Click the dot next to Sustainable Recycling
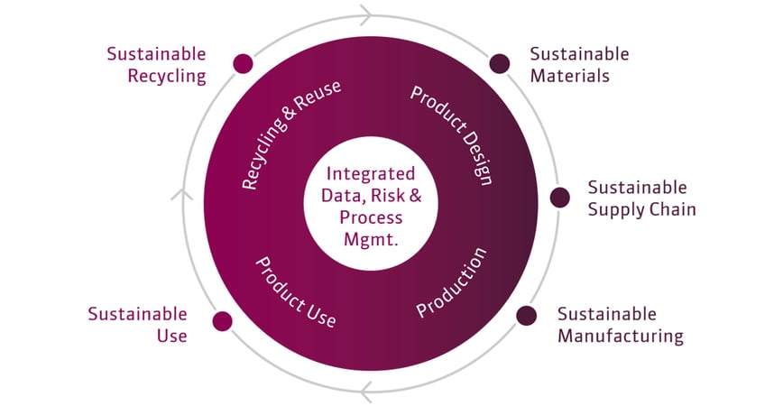pos(243,63)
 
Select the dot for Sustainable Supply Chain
pos(560,198)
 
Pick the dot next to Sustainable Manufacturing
pos(526,315)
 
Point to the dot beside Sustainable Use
pos(222,321)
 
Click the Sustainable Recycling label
pos(156,65)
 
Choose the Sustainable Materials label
pos(579,65)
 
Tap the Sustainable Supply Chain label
pos(641,198)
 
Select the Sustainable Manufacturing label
pos(620,325)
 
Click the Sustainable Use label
pos(138,325)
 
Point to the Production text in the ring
pos(451,281)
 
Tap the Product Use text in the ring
pos(296,291)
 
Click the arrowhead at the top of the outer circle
pos(364,14)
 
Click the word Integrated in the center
pos(371,173)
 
